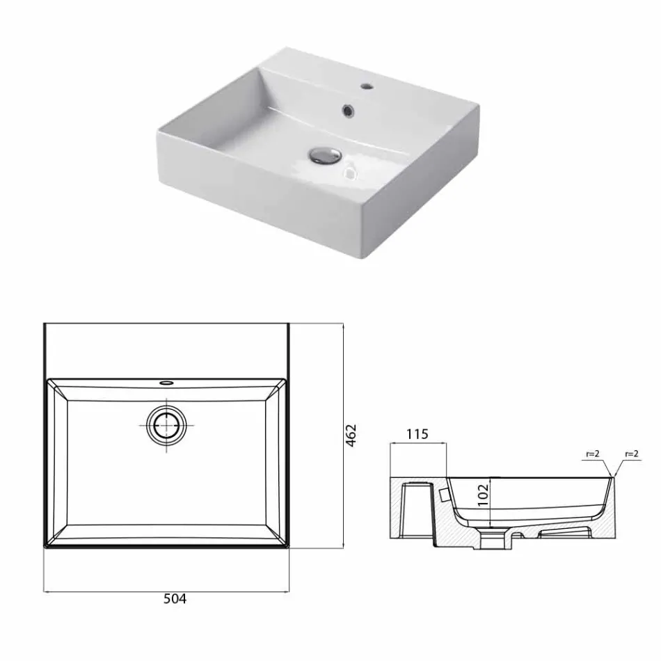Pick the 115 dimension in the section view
click(417, 435)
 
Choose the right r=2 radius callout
click(632, 454)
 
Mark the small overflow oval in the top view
click(167, 382)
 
